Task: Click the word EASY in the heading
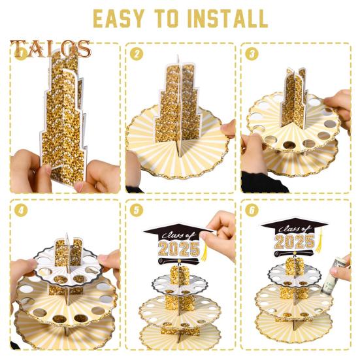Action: pyautogui.click(x=119, y=18)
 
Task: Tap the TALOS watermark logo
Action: pyautogui.click(x=50, y=48)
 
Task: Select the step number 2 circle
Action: pyautogui.click(x=137, y=54)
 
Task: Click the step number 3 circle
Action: pyautogui.click(x=252, y=54)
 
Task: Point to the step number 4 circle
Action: pyautogui.click(x=21, y=210)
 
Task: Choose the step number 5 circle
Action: pyautogui.click(x=137, y=210)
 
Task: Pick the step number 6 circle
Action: pyautogui.click(x=252, y=210)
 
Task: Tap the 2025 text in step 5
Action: pyautogui.click(x=179, y=249)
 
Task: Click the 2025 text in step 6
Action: pyautogui.click(x=295, y=242)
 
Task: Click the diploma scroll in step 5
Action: pyautogui.click(x=178, y=261)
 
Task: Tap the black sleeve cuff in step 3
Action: pyautogui.click(x=264, y=182)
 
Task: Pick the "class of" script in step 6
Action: pyautogui.click(x=295, y=229)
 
